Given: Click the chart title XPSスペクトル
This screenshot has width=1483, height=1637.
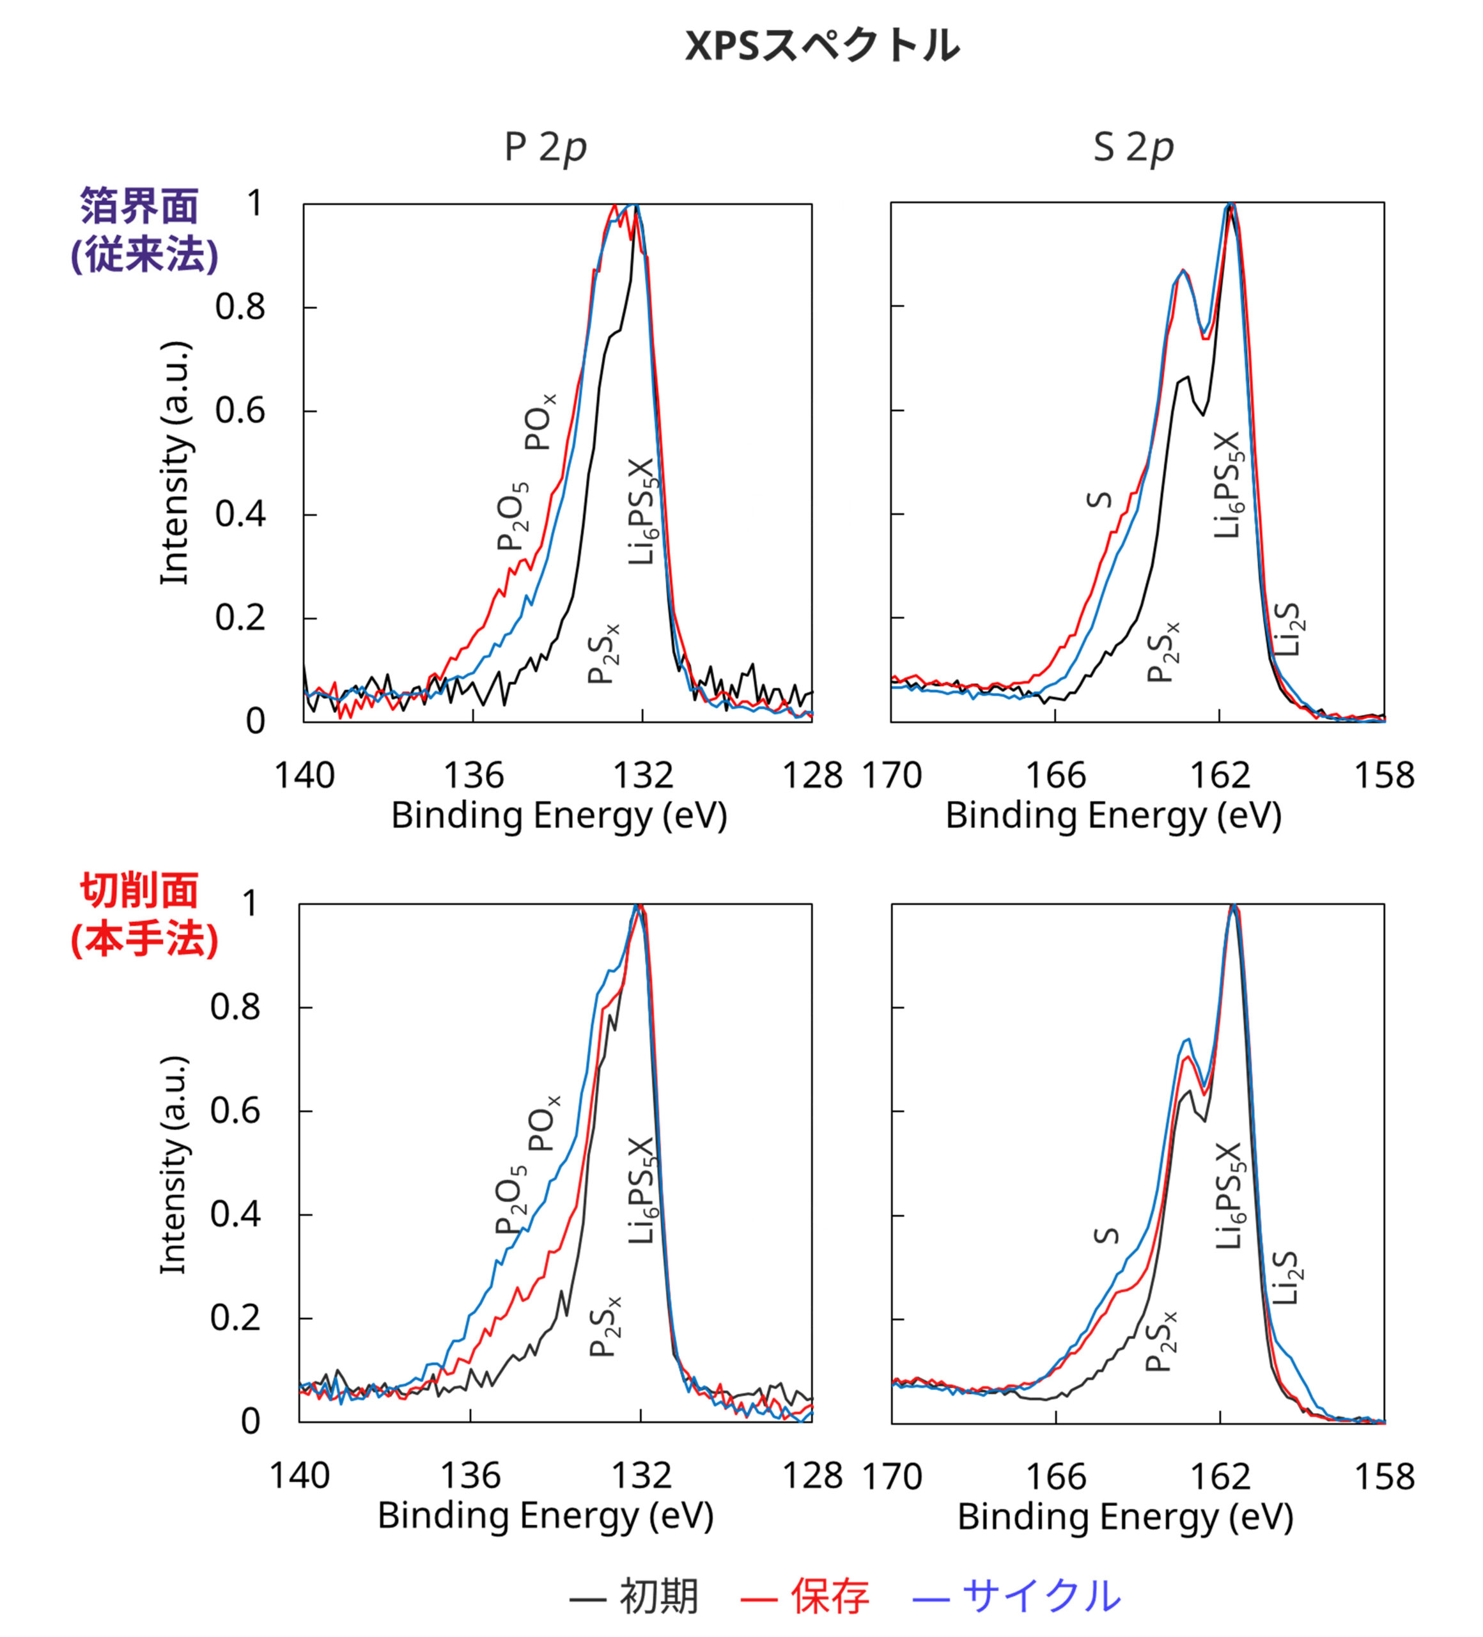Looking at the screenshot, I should coord(821,45).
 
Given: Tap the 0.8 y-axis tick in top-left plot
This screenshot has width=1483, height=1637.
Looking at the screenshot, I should coord(240,307).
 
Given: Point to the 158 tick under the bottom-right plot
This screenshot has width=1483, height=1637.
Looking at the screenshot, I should coord(1384,1476).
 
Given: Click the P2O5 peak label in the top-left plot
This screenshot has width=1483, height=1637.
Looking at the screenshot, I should coord(513,517).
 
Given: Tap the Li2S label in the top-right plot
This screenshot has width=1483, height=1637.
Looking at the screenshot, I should coord(1287,629).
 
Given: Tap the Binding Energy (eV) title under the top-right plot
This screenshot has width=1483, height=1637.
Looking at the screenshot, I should coord(1114,815).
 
